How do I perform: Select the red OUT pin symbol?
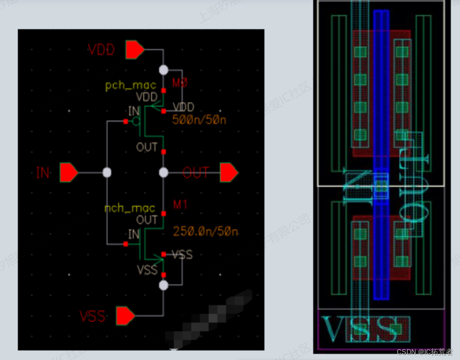click(x=229, y=172)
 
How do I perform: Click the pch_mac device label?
click(x=130, y=85)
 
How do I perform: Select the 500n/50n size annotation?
click(x=199, y=121)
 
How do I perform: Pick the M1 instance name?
click(x=180, y=205)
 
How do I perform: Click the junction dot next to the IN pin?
click(x=107, y=173)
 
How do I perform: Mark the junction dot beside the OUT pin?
click(x=163, y=173)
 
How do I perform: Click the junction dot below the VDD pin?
click(x=163, y=70)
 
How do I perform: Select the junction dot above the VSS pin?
click(x=163, y=285)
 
